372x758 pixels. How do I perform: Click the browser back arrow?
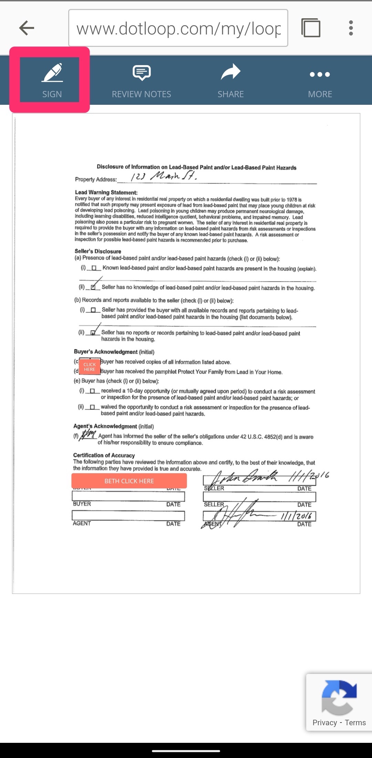tap(27, 28)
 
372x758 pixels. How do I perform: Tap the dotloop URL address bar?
tap(178, 28)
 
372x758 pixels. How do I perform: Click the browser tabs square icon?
tap(311, 28)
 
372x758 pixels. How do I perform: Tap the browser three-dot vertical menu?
tap(351, 28)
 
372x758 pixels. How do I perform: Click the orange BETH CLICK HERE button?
tap(129, 481)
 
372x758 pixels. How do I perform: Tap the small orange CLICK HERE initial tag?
tap(90, 367)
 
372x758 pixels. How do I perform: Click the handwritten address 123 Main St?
tap(164, 176)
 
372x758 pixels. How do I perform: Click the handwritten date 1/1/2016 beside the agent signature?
tap(296, 516)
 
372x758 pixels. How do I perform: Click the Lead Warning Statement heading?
tap(106, 192)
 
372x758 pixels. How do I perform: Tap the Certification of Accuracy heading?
tap(104, 455)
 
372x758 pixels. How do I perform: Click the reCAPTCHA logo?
tap(339, 697)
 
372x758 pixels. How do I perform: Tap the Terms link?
tap(355, 722)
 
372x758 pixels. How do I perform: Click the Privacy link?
tap(324, 722)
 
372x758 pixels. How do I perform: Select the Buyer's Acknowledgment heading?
tap(106, 352)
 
